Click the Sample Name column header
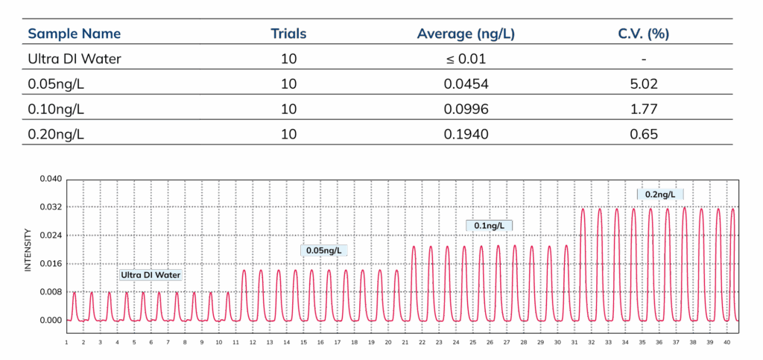[75, 34]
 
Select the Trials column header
[288, 34]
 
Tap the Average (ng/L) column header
[466, 34]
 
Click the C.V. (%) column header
[643, 34]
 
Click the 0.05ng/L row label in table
[56, 84]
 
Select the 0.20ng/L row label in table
[56, 134]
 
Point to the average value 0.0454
[466, 84]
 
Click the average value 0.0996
[466, 110]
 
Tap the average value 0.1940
[466, 135]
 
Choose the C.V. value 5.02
[643, 84]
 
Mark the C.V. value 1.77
[643, 110]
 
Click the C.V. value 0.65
[643, 135]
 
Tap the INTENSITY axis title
[28, 250]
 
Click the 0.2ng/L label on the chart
[659, 195]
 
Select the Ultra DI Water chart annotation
[151, 275]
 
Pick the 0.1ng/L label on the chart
[490, 225]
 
